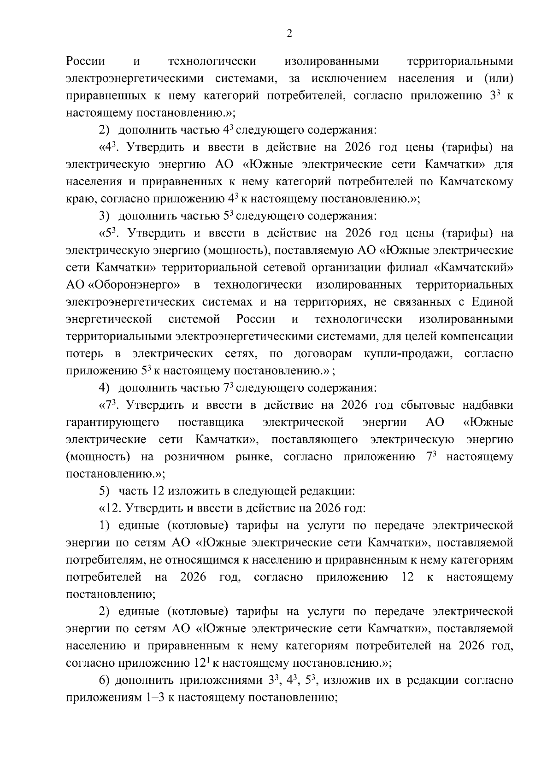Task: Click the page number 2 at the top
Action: tap(289, 33)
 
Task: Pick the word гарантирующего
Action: tap(113, 422)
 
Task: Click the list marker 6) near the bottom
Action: tap(104, 681)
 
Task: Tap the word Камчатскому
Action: tap(476, 182)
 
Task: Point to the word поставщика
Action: tap(211, 422)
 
